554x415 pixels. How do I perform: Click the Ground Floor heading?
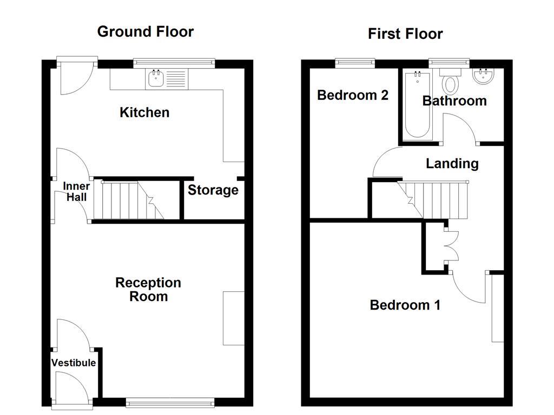click(145, 31)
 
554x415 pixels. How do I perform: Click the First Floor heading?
click(405, 34)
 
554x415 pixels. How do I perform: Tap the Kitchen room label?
click(144, 112)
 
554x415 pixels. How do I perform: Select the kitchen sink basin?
click(155, 79)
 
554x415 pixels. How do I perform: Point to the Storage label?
click(213, 190)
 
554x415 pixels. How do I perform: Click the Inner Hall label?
click(76, 192)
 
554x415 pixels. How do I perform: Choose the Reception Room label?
click(148, 290)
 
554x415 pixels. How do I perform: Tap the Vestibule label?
click(74, 363)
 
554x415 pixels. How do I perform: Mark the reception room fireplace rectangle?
click(233, 318)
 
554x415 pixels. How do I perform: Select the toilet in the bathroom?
click(450, 83)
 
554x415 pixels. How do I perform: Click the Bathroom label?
click(454, 101)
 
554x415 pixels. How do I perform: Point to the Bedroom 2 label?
click(352, 96)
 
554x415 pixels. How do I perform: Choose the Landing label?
click(452, 163)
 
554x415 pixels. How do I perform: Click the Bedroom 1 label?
click(405, 305)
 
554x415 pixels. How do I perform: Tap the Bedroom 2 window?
click(355, 63)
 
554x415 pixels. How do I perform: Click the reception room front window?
click(170, 402)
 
